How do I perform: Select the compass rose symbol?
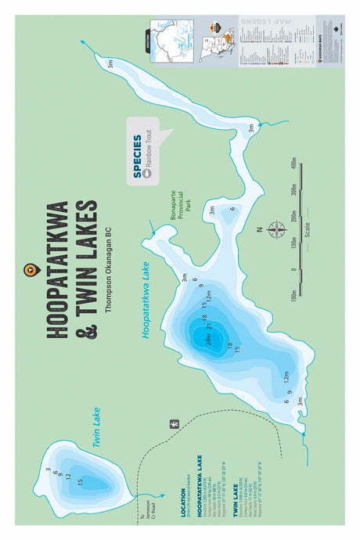[277, 229]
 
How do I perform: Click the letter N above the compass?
[260, 229]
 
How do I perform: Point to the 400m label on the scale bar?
[293, 163]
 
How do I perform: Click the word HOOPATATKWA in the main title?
[58, 270]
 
